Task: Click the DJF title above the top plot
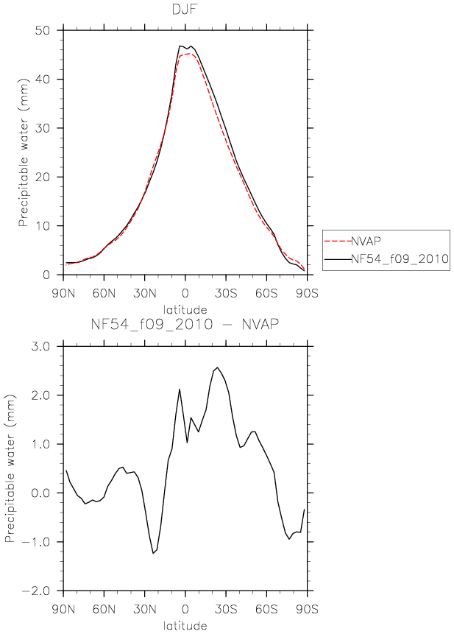(185, 10)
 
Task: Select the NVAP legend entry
(366, 241)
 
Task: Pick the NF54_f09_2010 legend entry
(400, 258)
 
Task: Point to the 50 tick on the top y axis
(42, 30)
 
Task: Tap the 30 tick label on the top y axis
(42, 128)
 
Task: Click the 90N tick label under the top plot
(63, 293)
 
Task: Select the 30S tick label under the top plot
(226, 293)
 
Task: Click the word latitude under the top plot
(185, 310)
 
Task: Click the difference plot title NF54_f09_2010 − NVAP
(185, 324)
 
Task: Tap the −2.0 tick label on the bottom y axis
(36, 591)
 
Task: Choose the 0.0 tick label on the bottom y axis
(40, 493)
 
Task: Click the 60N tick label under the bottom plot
(104, 608)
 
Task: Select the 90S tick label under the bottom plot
(307, 608)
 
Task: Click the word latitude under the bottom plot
(185, 626)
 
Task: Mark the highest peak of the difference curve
(218, 367)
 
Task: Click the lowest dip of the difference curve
(153, 553)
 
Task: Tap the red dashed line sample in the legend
(338, 242)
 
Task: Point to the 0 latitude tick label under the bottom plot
(185, 608)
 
